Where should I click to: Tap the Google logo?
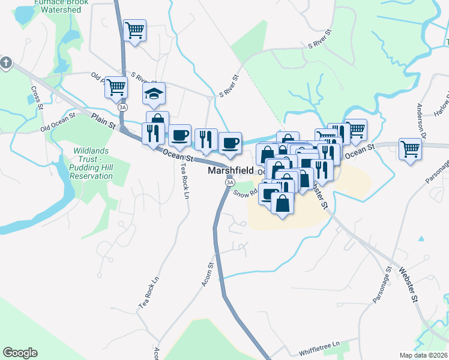click(x=20, y=353)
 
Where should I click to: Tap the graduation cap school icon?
click(x=154, y=93)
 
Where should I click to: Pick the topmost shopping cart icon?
click(x=134, y=29)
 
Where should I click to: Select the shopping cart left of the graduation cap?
click(x=116, y=87)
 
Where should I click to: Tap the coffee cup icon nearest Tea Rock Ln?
click(x=179, y=136)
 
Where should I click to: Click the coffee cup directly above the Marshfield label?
click(x=230, y=143)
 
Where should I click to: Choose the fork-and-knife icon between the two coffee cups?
click(x=206, y=139)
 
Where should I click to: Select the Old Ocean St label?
click(x=57, y=120)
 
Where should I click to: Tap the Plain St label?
click(x=103, y=120)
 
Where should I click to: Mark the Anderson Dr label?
click(x=422, y=118)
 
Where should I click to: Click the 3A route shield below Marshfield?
click(x=229, y=182)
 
